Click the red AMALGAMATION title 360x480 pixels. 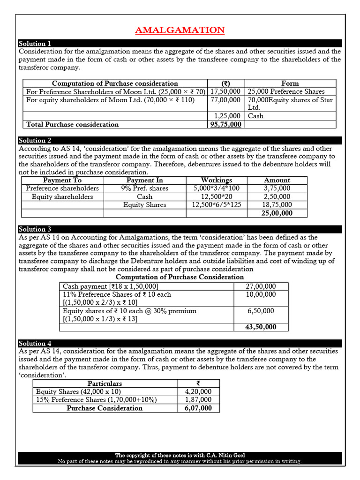point(180,30)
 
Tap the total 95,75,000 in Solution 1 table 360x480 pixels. point(226,124)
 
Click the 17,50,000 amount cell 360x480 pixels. point(226,91)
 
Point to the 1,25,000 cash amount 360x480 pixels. point(227,116)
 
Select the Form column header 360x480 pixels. point(290,83)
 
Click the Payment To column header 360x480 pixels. point(62,180)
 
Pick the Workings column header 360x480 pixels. point(216,180)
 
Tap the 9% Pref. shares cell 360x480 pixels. point(144,188)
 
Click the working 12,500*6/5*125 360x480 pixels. point(216,205)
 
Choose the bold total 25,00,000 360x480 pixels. point(277,213)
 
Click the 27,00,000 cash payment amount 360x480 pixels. point(261,286)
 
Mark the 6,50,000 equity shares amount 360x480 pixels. point(261,311)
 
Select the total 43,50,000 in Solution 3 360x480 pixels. point(261,327)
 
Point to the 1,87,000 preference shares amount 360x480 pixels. point(198,400)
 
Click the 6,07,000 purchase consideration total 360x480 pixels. point(198,408)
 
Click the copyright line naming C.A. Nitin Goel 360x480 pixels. point(180,455)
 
